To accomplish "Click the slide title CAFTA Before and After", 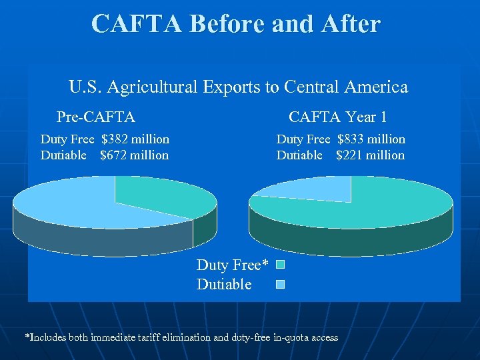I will tap(236, 23).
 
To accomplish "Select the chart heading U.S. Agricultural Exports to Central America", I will tap(238, 87).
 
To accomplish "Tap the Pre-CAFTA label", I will tap(96, 117).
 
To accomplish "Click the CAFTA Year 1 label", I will tap(337, 117).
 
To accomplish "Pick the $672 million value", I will tap(134, 155).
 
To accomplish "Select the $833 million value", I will tap(371, 139).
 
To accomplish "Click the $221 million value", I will tap(370, 155).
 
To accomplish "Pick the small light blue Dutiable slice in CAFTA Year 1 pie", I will tap(313, 190).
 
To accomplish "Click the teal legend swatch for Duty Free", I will tap(281, 265).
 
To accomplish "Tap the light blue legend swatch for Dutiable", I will tap(281, 285).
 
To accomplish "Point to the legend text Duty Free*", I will tap(232, 265).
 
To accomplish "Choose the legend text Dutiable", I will tap(224, 285).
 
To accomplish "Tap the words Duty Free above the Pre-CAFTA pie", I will tap(67, 139).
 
